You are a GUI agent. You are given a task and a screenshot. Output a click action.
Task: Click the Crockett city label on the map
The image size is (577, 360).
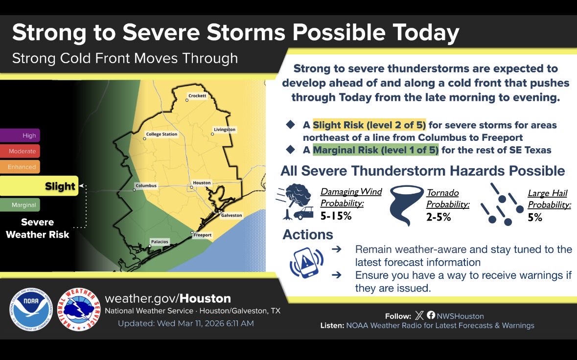tap(198, 96)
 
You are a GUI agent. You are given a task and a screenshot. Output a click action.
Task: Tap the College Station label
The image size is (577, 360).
tap(162, 134)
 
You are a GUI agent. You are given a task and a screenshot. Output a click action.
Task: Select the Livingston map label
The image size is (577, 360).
tap(225, 130)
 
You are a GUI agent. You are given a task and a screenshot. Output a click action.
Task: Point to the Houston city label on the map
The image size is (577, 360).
tap(202, 183)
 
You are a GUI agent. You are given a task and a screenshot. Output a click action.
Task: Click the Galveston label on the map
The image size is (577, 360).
tap(231, 215)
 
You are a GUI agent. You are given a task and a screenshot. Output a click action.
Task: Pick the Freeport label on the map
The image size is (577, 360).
tap(203, 235)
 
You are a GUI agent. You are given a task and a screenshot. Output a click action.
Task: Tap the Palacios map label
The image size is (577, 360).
tap(160, 242)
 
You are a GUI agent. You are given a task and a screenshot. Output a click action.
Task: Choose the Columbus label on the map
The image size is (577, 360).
tap(146, 186)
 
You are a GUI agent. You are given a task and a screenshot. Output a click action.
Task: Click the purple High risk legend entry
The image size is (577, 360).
tap(20, 135)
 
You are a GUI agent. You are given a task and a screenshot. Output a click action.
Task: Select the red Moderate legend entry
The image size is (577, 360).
tap(20, 151)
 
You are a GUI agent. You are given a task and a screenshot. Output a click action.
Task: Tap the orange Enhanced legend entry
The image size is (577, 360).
tap(20, 167)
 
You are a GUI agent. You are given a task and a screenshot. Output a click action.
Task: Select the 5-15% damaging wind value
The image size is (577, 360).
tap(336, 216)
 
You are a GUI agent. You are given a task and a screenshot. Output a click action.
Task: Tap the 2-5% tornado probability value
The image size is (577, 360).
tap(439, 217)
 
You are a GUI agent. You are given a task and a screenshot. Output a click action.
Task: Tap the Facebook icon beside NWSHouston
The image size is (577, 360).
tap(431, 316)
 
